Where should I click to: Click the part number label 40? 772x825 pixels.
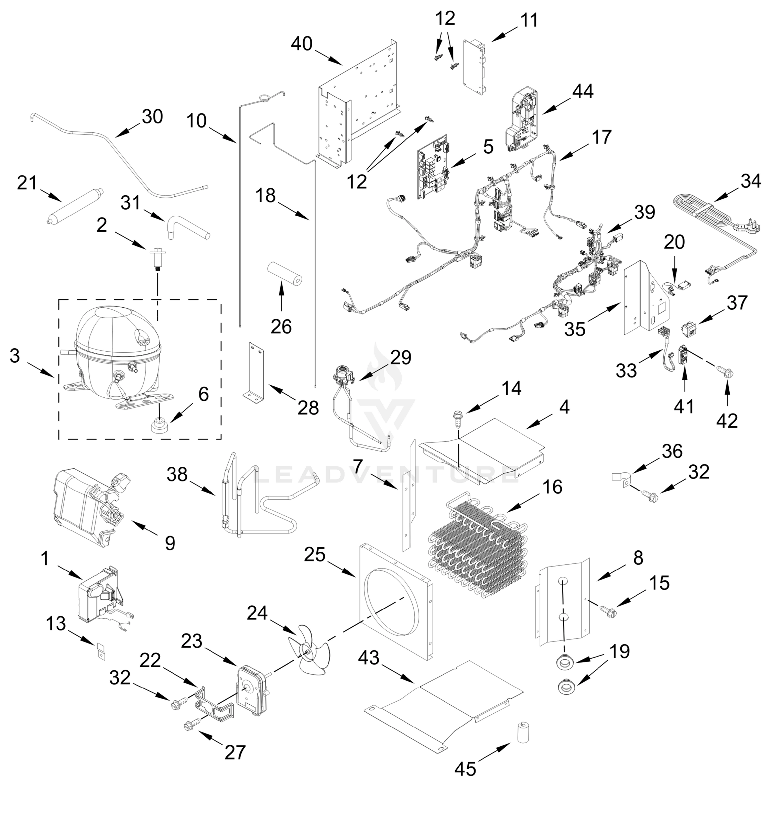tap(302, 44)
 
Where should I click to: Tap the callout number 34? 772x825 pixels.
tap(751, 182)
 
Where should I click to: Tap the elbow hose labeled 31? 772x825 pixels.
tap(189, 230)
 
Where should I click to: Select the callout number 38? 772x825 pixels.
tap(177, 474)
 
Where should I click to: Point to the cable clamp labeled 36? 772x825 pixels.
tap(621, 478)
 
